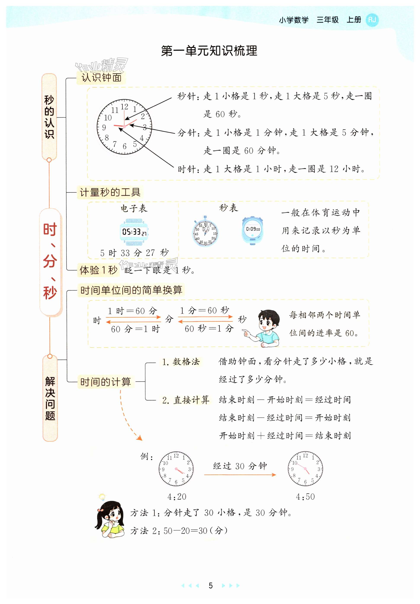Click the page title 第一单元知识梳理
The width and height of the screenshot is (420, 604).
209,51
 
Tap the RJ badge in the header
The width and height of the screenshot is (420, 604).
372,20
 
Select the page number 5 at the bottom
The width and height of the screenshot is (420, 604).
210,585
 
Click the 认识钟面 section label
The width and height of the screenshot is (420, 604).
101,78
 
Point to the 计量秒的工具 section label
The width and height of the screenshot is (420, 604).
110,192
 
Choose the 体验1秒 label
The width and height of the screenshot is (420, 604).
98,270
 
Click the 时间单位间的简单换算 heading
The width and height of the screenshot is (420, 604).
131,290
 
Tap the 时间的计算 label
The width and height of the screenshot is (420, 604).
106,382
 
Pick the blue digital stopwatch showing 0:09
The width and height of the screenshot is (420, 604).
253,230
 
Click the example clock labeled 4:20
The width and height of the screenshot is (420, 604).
176,469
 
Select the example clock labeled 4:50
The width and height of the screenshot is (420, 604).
305,469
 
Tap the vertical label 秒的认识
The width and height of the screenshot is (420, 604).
49,117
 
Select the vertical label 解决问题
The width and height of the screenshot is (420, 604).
50,398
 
